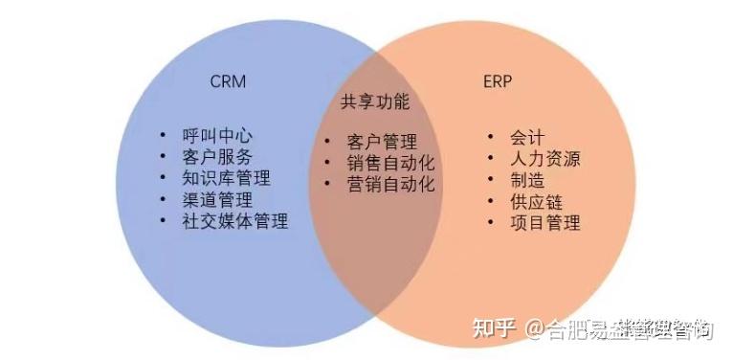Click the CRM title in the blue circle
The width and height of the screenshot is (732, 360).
point(228,81)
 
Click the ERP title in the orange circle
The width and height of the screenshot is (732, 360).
point(498,81)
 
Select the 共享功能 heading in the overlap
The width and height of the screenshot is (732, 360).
point(375,101)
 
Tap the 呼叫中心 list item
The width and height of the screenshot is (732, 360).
point(217,136)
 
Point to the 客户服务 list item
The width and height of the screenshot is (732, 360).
point(217,157)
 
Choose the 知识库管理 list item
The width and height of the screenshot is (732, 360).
point(226,178)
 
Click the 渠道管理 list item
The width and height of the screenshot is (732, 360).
point(217,200)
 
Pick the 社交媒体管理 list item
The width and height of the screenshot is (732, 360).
point(234,221)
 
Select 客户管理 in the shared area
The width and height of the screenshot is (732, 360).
point(382,142)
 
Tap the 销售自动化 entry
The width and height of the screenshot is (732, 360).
point(390,163)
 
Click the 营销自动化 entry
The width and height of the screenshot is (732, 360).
point(390,184)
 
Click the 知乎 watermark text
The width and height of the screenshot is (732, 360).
point(496,329)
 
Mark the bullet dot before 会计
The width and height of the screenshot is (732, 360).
point(491,138)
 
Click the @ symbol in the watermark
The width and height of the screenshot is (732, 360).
point(534,329)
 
